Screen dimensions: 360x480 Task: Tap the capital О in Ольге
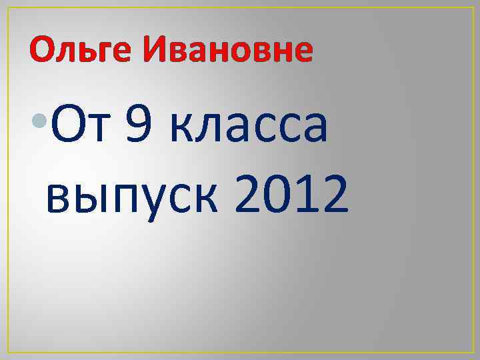point(42,50)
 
